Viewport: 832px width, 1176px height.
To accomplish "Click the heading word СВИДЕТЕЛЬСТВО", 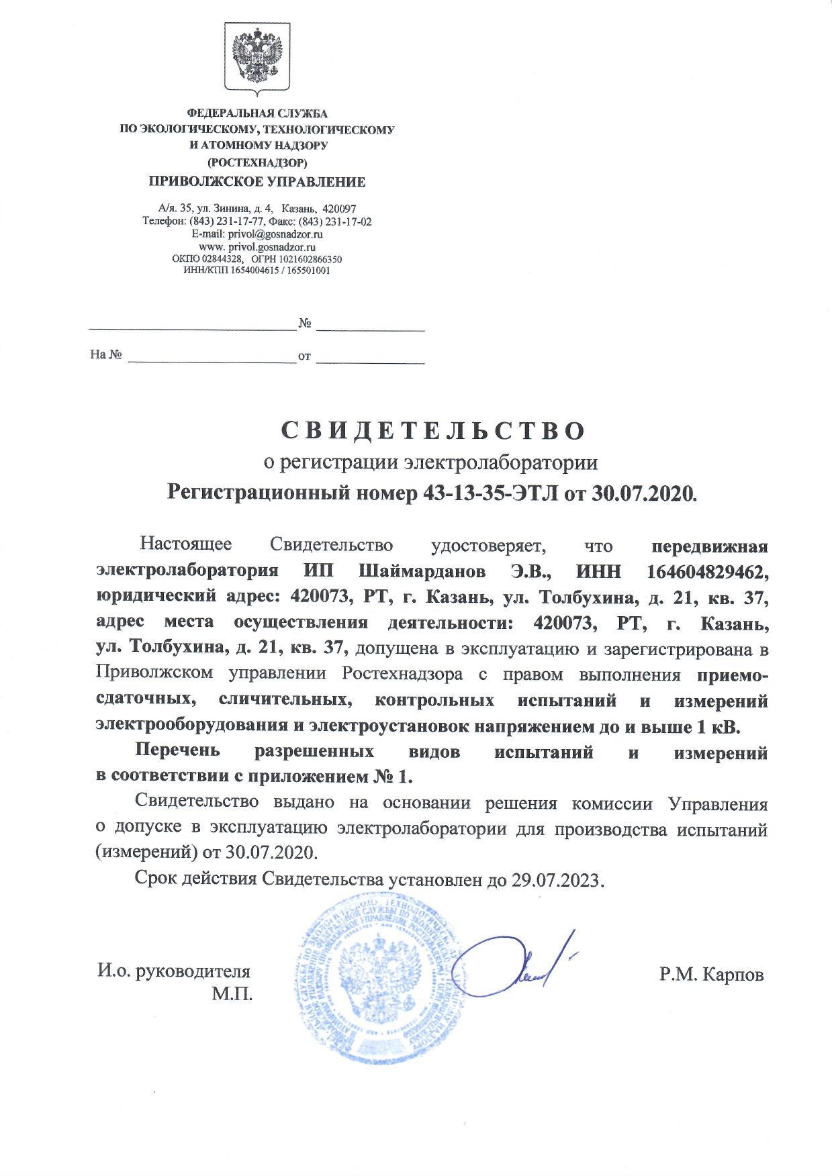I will click(x=432, y=430).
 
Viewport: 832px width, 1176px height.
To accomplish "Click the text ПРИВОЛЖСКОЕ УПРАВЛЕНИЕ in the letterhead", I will click(x=257, y=181).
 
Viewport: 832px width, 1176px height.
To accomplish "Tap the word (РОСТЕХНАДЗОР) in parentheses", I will click(x=257, y=162).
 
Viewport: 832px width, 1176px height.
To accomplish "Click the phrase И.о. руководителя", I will click(x=174, y=971).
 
